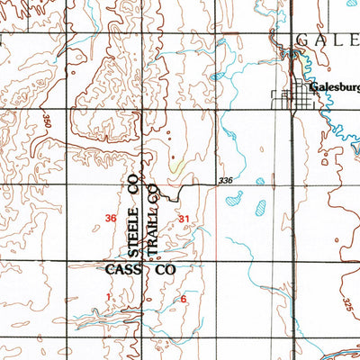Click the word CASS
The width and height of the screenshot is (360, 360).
click(x=122, y=269)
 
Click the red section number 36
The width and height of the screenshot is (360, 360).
click(x=111, y=219)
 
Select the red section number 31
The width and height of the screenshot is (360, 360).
click(x=184, y=219)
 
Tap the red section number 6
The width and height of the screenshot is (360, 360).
click(x=183, y=299)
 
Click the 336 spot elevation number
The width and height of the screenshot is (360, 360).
click(x=227, y=182)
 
